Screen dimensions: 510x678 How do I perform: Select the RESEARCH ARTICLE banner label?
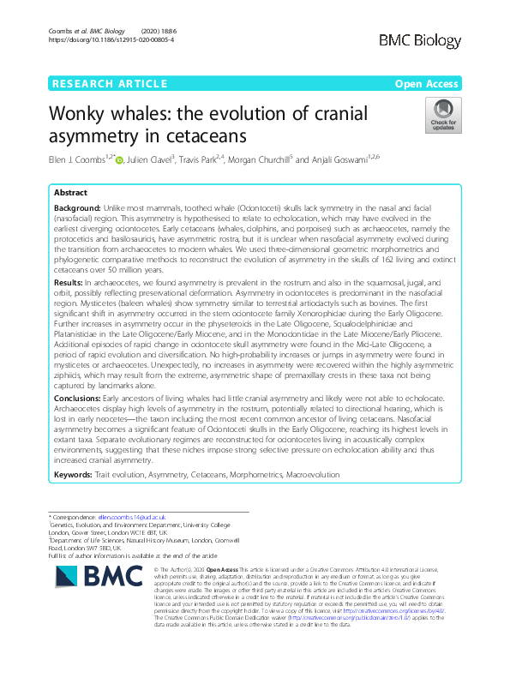[109, 83]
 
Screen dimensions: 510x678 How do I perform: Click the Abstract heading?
[71, 194]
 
